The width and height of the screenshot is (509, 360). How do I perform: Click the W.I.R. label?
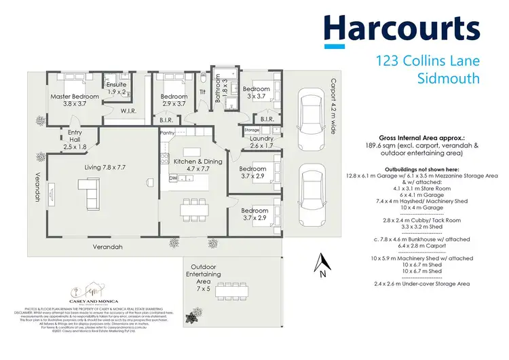coord(130,110)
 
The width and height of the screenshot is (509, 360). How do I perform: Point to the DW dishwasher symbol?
coord(174,178)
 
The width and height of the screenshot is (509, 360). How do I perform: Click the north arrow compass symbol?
coord(324,264)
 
